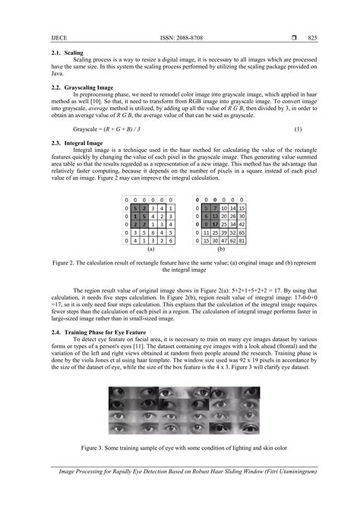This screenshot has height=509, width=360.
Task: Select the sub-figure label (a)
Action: point(151,248)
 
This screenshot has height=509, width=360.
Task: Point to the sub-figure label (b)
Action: point(218,248)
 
